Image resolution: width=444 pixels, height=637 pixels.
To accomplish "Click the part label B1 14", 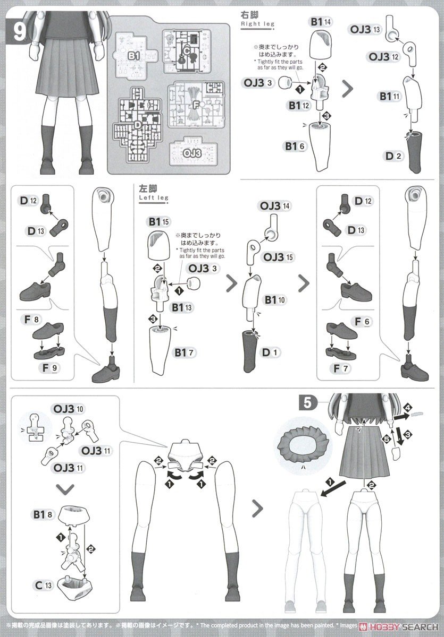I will pos(321,22).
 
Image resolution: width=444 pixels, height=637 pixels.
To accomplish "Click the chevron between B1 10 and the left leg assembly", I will pos(304,283).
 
